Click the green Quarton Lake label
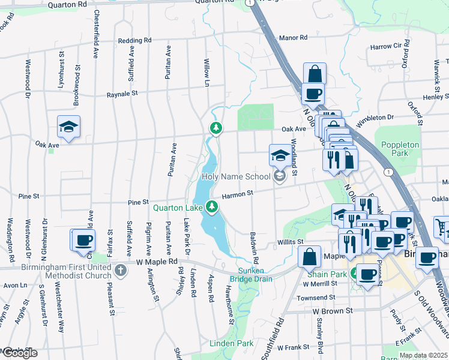(x=178, y=208)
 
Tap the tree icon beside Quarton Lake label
(x=211, y=207)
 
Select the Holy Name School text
(x=236, y=176)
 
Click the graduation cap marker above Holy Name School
(x=279, y=156)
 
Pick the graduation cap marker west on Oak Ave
(x=68, y=127)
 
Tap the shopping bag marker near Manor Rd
(x=315, y=74)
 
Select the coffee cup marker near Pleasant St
(x=84, y=240)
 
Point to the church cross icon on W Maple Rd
(x=120, y=271)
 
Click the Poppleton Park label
(x=396, y=149)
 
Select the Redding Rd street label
(x=134, y=41)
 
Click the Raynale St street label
(x=122, y=94)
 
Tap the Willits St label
(x=289, y=242)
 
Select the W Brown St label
(x=331, y=311)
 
